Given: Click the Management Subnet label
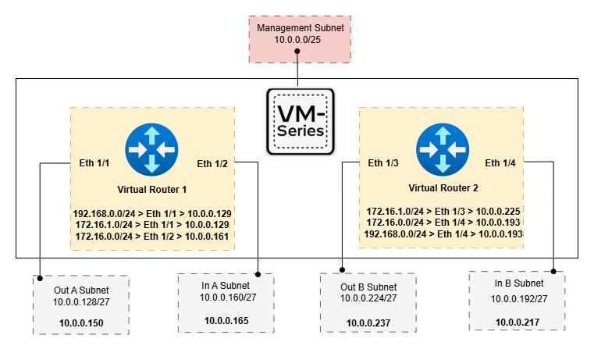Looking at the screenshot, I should click(x=301, y=28).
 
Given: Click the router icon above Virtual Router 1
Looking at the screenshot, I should click(x=151, y=151).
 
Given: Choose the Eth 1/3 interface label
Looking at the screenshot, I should click(x=384, y=163).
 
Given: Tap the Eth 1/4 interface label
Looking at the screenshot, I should click(x=501, y=163).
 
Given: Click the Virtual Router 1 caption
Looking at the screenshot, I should click(x=152, y=189).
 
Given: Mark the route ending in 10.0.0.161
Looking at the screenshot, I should click(x=153, y=235).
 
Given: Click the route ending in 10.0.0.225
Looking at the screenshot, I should click(x=443, y=211).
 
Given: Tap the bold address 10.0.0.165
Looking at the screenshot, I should click(x=225, y=320).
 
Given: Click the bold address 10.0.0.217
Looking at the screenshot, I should click(x=515, y=320).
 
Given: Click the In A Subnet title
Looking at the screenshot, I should click(x=225, y=285).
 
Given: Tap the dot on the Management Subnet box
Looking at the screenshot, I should click(x=298, y=52).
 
